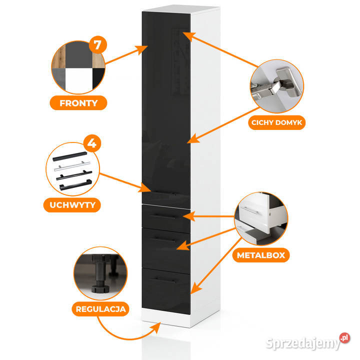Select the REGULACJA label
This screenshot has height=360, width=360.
[x=99, y=308]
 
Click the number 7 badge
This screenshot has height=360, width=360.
[x=97, y=45]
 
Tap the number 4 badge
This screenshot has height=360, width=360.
[x=92, y=144]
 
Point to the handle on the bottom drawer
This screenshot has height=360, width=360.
[x=165, y=278]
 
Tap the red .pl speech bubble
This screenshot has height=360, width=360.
[x=344, y=338]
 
